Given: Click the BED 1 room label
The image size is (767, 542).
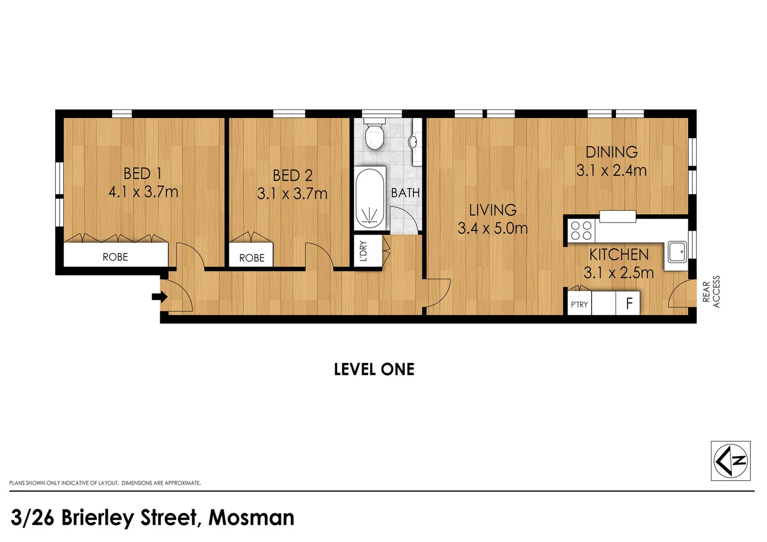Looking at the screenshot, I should (142, 174).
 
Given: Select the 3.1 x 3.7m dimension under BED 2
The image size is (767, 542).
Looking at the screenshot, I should (292, 194).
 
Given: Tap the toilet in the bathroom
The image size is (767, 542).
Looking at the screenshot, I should (374, 136).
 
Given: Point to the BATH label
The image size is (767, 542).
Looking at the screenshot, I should (405, 193).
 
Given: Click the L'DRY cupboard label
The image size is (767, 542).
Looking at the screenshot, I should (364, 251).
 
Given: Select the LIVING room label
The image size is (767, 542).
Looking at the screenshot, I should (493, 210).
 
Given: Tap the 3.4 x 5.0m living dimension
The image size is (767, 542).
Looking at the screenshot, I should (493, 229).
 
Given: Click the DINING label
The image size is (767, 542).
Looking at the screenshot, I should (611, 152).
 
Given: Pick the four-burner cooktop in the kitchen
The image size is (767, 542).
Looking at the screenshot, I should (581, 231).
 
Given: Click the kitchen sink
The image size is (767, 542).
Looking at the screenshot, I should (677, 251).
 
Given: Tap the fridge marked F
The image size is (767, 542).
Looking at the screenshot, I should (629, 304).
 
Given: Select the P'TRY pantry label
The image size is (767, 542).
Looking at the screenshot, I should (579, 305).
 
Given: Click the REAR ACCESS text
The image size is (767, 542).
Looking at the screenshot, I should (711, 292).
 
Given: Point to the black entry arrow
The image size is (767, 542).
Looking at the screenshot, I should (159, 297).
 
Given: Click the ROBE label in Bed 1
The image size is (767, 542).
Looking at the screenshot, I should (115, 257).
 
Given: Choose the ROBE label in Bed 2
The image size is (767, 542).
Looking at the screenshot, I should (251, 258).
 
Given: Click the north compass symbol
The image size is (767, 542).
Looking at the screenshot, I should (730, 461).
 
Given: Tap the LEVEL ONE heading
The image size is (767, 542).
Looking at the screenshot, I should (374, 369).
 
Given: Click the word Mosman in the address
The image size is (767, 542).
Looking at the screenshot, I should (251, 518).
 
